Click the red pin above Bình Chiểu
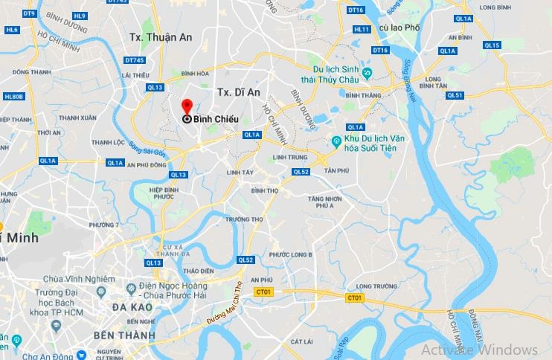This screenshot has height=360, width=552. click(187, 106)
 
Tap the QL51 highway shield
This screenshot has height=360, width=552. click(455, 95)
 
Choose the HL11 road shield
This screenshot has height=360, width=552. click(362, 30)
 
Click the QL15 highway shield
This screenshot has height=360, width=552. click(492, 45)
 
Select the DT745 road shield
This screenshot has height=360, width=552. click(135, 61)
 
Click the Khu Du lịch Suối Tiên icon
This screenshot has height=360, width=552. click(337, 141)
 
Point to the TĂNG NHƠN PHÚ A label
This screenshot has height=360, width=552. click(328, 203)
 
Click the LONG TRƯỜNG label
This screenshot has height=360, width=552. click(374, 286)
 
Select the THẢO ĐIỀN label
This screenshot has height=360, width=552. click(198, 271)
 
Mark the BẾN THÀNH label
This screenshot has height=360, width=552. click(124, 335)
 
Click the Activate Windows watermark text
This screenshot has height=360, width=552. click(479, 350)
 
